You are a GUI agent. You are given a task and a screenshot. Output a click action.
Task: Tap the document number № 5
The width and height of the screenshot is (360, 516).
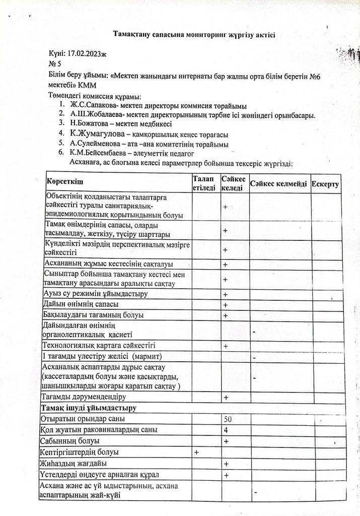(54, 64)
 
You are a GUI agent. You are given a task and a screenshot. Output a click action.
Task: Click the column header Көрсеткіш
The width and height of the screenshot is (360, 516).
(65, 181)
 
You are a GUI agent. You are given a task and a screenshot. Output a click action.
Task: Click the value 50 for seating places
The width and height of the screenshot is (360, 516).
(228, 419)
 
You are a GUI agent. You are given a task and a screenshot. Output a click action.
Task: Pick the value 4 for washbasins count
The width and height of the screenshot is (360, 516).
(226, 430)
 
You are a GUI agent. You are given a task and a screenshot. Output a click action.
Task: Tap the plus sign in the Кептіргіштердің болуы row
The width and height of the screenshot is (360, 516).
(196, 453)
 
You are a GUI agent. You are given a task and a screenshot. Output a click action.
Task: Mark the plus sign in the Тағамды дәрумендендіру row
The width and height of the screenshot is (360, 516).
(226, 398)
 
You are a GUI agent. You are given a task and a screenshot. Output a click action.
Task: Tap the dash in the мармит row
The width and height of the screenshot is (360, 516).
(254, 358)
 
